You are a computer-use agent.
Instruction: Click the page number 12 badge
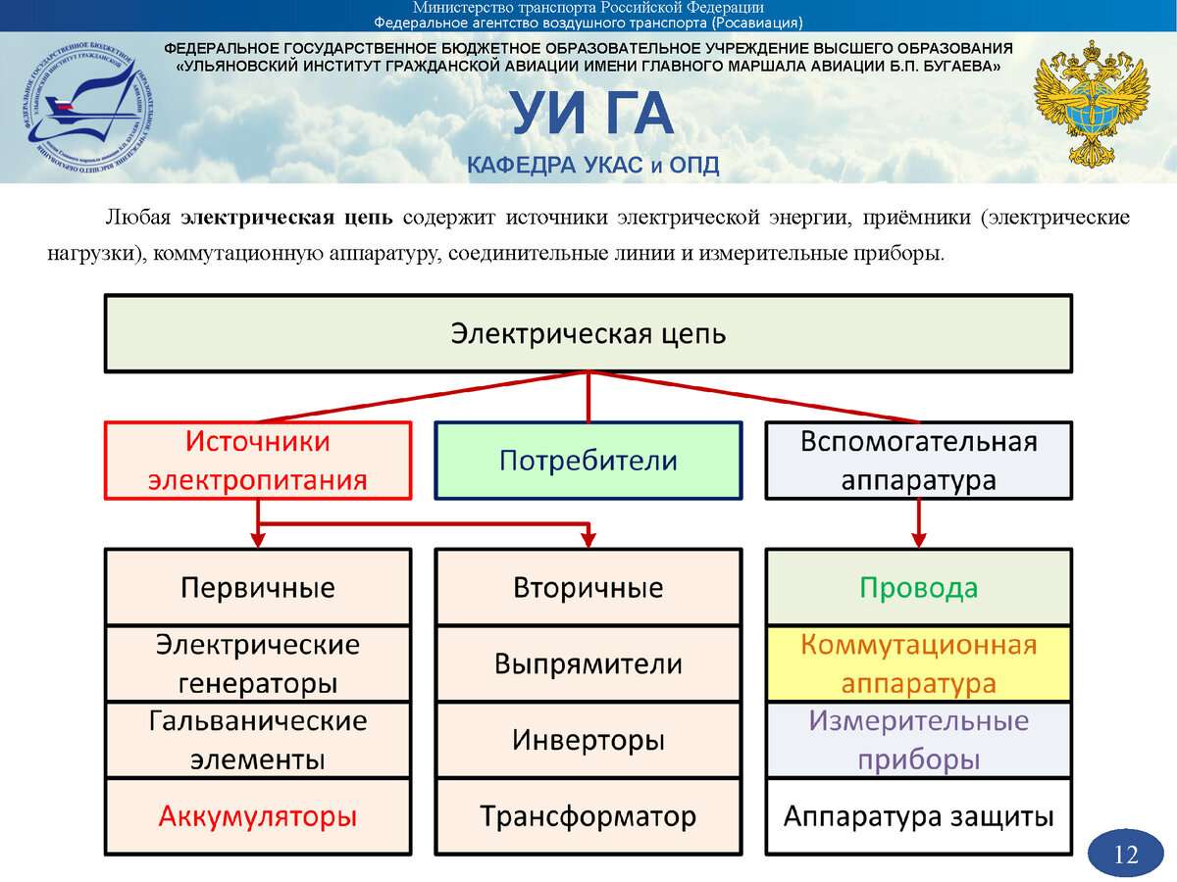tap(1126, 855)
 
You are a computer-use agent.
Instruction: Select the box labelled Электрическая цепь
tap(588, 333)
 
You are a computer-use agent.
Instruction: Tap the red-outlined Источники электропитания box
tap(258, 461)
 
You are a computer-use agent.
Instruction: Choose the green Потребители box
tap(588, 461)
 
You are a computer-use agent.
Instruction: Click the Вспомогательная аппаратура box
tap(918, 461)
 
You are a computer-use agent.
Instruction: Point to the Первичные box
tap(258, 587)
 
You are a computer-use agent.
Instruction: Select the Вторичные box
tap(588, 587)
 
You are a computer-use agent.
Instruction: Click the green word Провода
tap(918, 587)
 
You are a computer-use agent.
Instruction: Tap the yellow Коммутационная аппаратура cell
tap(918, 663)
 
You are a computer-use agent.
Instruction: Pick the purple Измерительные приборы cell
tap(918, 740)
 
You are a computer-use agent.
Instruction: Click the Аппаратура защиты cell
tap(918, 816)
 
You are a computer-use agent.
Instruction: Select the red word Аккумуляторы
tap(258, 816)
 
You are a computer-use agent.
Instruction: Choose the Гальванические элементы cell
tap(258, 740)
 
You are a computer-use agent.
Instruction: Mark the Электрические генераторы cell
tap(258, 663)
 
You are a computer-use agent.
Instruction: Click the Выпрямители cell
tap(588, 663)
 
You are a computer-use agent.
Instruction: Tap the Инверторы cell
tap(588, 740)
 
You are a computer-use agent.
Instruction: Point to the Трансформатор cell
tap(588, 816)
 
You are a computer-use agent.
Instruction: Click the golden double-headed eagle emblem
tap(1092, 103)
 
